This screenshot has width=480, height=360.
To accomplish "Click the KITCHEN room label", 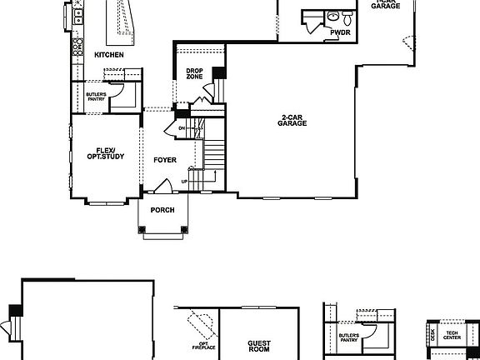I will point(109,55).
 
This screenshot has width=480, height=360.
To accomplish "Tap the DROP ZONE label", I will point(195,74).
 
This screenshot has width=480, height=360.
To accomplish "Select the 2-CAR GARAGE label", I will point(292,121).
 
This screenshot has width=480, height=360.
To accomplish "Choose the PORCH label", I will point(162,210).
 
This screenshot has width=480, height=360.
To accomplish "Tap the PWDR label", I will point(340,32).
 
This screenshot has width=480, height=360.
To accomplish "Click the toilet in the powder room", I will point(332,15).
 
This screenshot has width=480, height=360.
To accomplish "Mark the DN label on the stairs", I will point(169,127).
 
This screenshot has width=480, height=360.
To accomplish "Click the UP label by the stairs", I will point(184,182).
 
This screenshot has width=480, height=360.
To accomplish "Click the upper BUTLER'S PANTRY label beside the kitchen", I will point(96,97).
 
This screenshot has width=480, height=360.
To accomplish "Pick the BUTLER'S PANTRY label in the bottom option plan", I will point(349,338).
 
